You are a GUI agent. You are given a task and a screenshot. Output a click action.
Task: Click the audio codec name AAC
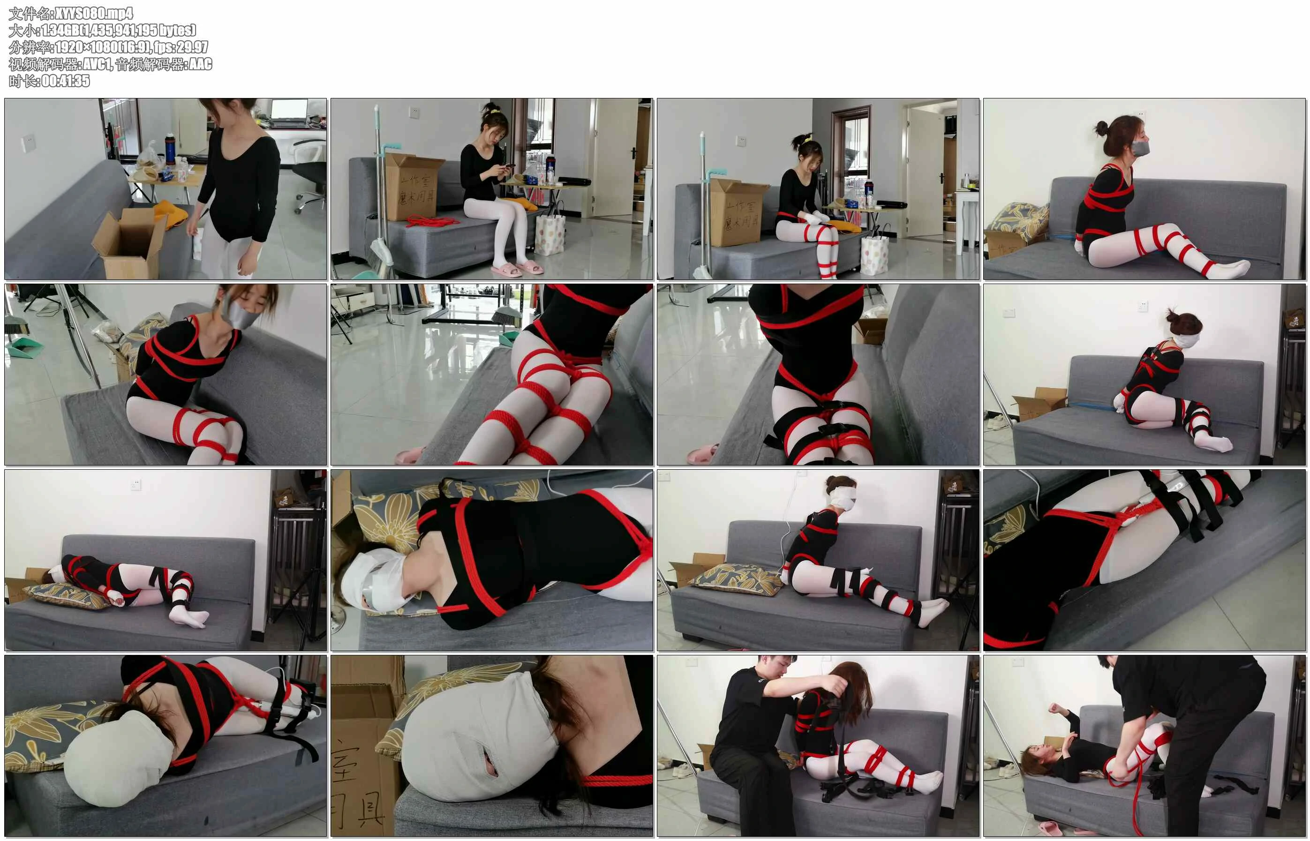pyautogui.click(x=200, y=64)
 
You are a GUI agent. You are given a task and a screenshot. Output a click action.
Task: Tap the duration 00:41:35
pyautogui.click(x=66, y=81)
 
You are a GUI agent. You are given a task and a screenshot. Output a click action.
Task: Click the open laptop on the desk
pyautogui.click(x=288, y=115)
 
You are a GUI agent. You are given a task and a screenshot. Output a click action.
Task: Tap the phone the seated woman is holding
pyautogui.click(x=508, y=166)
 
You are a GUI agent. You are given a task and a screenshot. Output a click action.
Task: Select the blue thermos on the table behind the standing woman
pyautogui.click(x=170, y=149)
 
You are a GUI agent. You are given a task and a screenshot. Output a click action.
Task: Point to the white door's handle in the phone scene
pyautogui.click(x=634, y=152)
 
